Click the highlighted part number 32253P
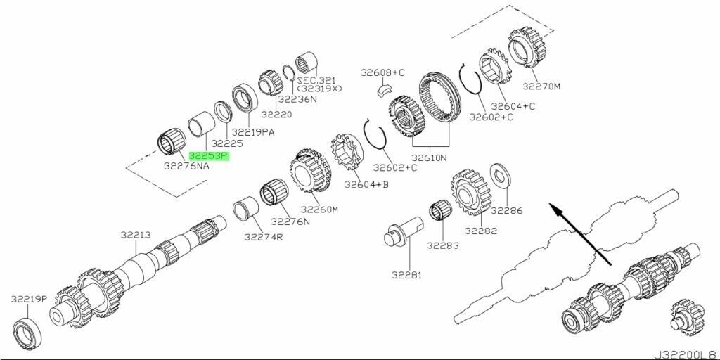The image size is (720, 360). [208, 157]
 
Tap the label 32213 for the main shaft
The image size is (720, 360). [136, 235]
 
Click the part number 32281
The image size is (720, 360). [406, 275]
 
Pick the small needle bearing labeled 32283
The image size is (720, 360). [441, 212]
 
